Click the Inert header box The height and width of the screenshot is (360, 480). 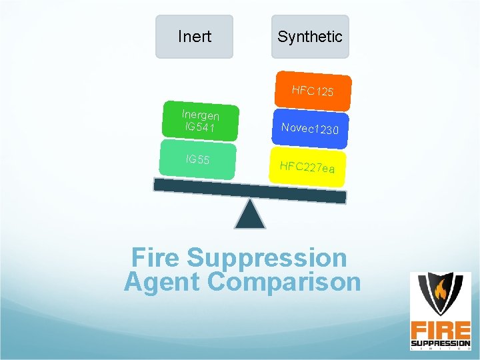tap(194, 37)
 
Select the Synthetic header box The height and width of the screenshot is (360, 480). tap(310, 37)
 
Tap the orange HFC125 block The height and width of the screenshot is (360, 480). tap(313, 91)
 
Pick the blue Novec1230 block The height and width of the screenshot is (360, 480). tap(310, 128)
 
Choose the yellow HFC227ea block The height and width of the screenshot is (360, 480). tap(307, 167)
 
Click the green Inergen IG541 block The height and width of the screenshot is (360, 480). tap(201, 121)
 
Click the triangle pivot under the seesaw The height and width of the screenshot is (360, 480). tap(251, 214)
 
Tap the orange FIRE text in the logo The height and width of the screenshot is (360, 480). tap(440, 330)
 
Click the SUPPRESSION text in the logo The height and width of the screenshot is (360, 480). tap(440, 343)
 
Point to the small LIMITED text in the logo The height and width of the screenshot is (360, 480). tap(440, 349)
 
